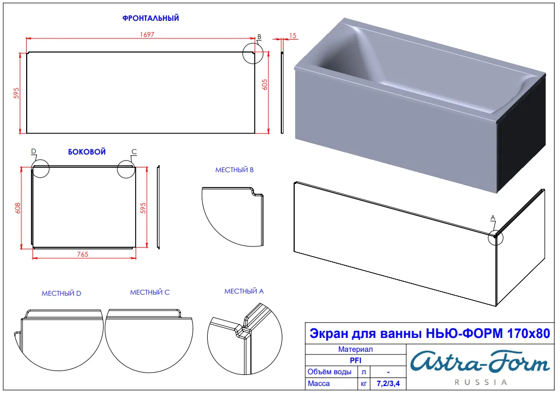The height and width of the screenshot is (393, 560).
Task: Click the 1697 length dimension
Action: point(147,34)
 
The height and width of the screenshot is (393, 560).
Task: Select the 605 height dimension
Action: point(265,84)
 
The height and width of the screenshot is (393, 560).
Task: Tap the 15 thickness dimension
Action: point(293,35)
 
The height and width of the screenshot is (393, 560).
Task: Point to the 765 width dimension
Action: point(83,254)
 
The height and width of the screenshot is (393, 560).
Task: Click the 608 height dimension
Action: point(18,208)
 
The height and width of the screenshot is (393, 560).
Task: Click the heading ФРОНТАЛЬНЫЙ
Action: point(151,18)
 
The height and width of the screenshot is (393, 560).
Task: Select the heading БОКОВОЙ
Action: point(87,152)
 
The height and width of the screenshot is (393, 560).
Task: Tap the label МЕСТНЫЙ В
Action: point(234,170)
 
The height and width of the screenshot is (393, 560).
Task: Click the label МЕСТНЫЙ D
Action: point(61,293)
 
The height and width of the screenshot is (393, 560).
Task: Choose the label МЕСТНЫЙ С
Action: point(149,292)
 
